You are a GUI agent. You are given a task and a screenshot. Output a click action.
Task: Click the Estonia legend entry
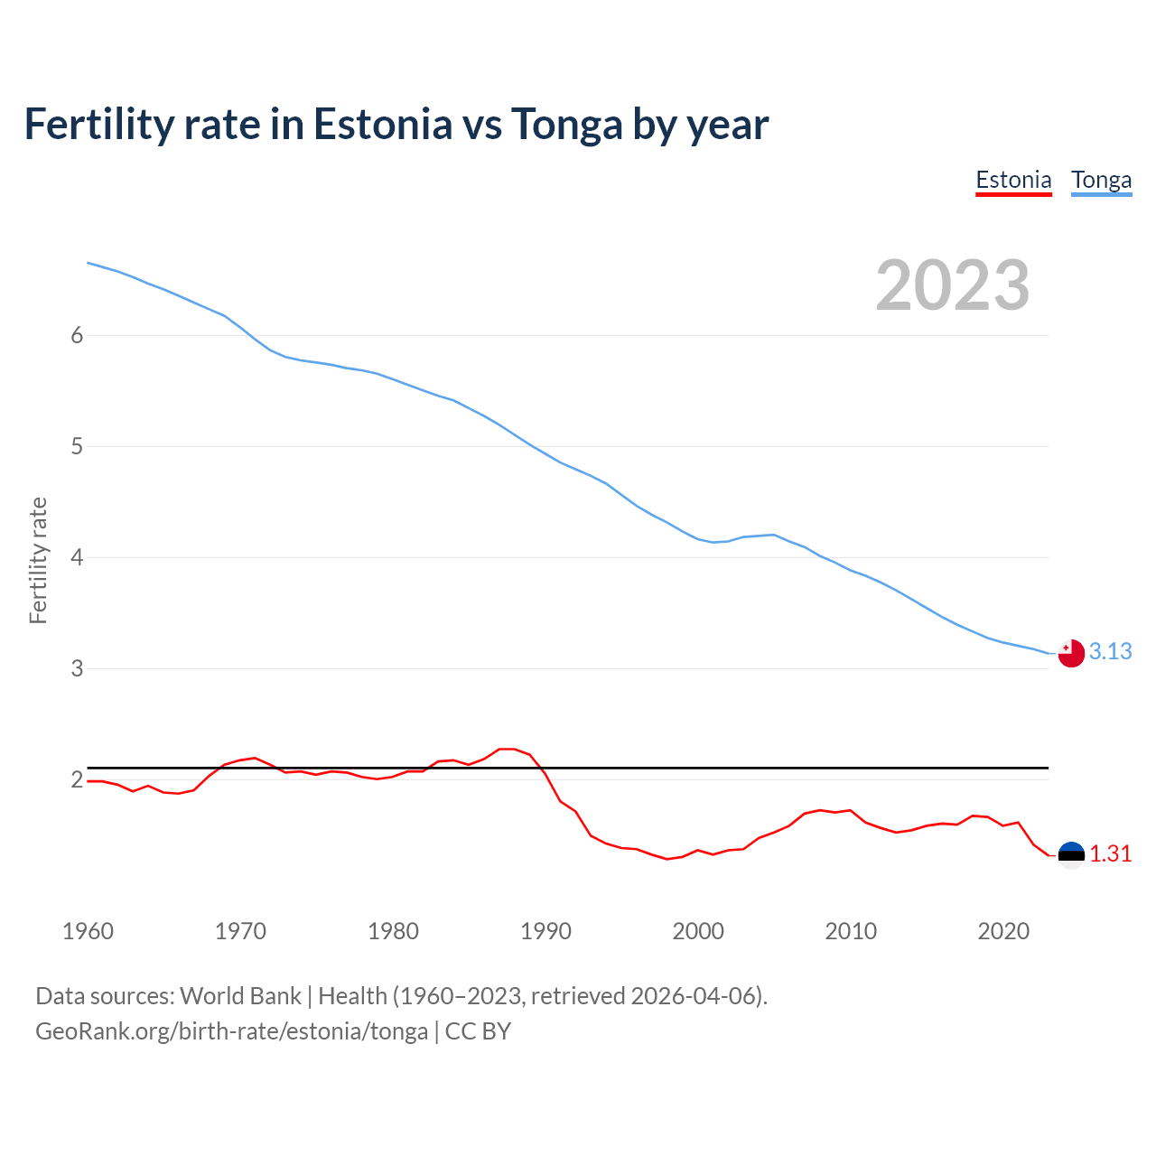point(1013,180)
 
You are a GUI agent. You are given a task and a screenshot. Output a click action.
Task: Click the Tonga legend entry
point(1101,180)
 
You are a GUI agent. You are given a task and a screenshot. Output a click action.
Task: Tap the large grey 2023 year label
point(952,285)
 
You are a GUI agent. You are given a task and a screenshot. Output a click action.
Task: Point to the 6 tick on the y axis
point(77,335)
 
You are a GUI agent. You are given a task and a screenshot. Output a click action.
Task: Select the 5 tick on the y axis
point(77,446)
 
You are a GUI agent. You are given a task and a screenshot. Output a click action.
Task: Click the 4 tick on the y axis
point(77,557)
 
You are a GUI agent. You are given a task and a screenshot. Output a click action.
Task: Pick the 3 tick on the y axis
point(77,668)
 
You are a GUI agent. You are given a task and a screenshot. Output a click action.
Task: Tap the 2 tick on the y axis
point(77,779)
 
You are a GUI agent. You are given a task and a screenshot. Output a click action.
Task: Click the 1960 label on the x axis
point(88,931)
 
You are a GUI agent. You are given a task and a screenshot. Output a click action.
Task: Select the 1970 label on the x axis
point(240,931)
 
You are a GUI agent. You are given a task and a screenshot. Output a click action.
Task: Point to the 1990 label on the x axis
point(545,931)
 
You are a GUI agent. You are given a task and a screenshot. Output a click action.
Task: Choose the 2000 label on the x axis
point(698,931)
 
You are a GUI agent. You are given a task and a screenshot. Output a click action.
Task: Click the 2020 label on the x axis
point(1003,931)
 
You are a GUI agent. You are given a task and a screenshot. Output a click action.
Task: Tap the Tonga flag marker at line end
point(1071,653)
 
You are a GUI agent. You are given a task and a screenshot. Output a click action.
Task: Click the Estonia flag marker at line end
point(1071,854)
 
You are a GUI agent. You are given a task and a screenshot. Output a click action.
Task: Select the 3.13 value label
point(1110,651)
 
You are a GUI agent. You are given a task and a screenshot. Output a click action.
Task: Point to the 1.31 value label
point(1110,853)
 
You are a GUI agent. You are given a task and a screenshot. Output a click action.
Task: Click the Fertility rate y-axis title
point(38,560)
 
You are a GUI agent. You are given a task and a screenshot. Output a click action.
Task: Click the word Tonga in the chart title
point(566,124)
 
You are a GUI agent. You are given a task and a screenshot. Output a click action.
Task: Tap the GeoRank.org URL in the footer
point(231,1030)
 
